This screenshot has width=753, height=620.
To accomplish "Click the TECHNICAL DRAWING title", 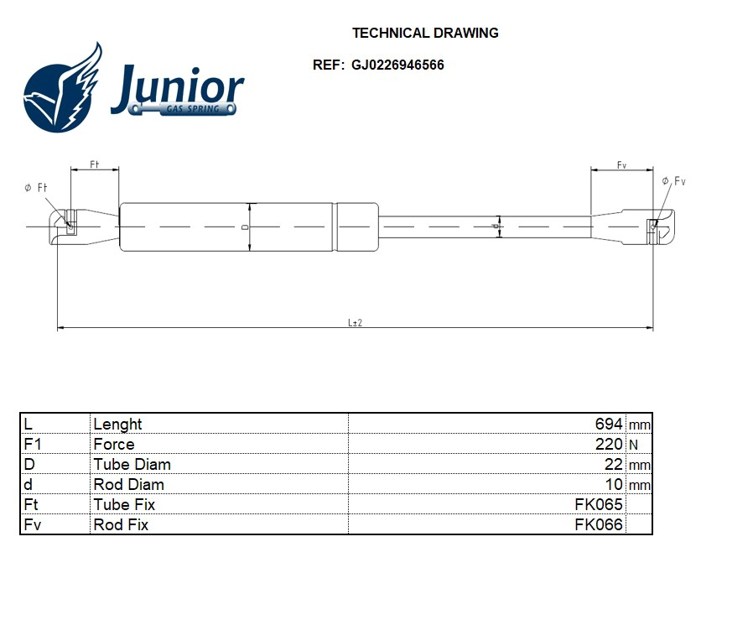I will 425,34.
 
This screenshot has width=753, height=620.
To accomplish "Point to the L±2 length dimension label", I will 355,322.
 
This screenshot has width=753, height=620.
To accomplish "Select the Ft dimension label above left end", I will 95,165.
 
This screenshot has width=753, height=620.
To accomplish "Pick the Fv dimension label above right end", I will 621,165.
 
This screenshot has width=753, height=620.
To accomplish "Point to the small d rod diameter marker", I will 496,226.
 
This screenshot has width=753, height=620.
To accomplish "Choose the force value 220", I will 608,445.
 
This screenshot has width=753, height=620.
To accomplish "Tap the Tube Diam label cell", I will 132,465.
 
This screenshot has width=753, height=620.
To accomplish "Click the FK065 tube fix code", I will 598,505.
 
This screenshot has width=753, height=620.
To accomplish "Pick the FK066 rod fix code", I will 598,525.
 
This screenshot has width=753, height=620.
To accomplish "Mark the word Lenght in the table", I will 117,425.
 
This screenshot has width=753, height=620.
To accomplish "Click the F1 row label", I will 33,445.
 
